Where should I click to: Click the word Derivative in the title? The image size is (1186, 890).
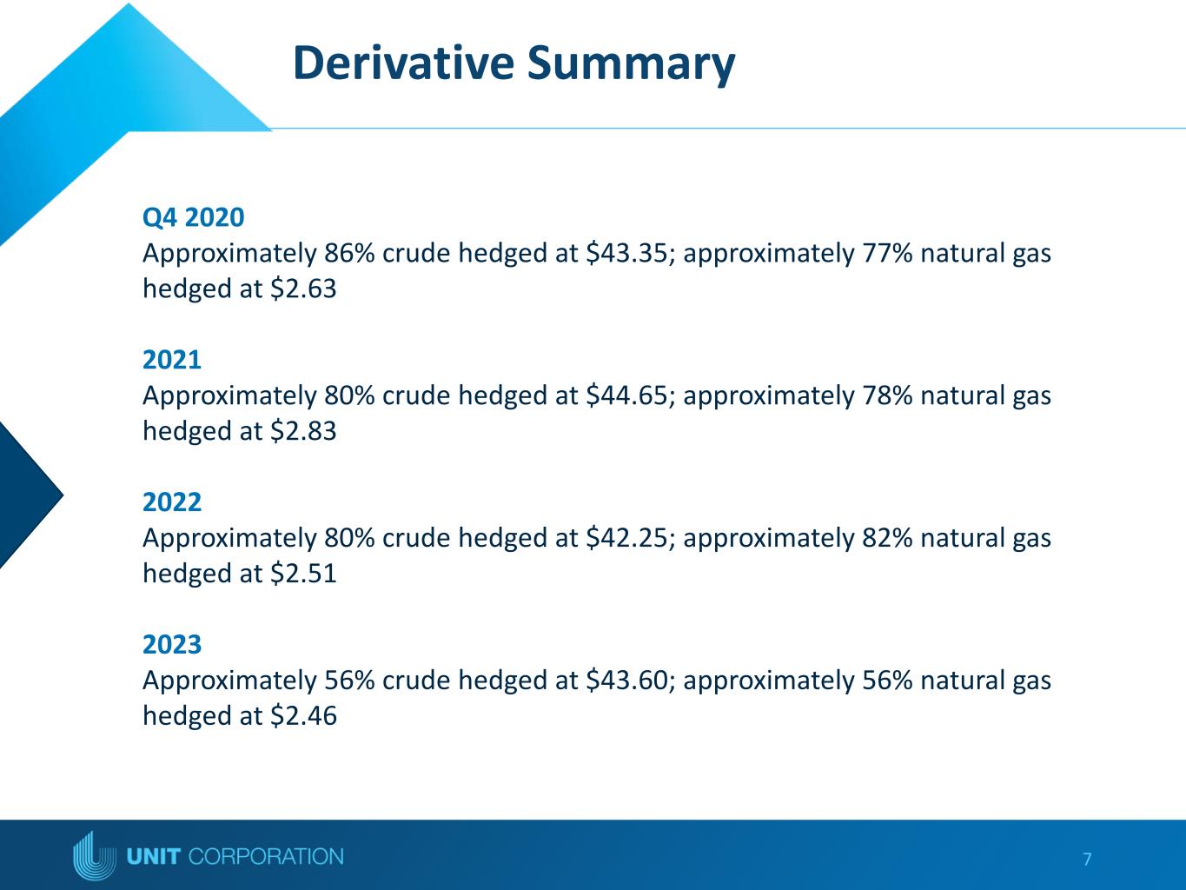pos(404,63)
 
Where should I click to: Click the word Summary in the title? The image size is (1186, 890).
pos(631,65)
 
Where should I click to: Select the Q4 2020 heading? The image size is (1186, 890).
pos(194,217)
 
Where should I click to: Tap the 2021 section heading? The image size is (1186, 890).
pos(172,359)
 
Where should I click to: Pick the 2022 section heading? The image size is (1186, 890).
pos(172,501)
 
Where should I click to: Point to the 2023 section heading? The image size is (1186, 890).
pos(172,644)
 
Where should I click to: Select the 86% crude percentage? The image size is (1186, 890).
pos(349,253)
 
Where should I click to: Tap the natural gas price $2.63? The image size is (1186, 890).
pos(303,288)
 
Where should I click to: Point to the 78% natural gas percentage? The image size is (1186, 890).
pos(887,395)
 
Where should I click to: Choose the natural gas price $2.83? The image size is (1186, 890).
pos(303,431)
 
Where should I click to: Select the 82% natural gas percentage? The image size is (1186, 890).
pos(887,538)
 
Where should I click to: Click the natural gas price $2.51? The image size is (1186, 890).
pos(303,573)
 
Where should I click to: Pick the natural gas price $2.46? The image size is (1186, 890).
pos(303,715)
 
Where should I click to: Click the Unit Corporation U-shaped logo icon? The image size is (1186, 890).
pos(95,856)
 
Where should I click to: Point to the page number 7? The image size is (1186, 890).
pos(1087,859)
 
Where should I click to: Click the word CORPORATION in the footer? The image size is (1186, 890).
pos(266,856)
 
